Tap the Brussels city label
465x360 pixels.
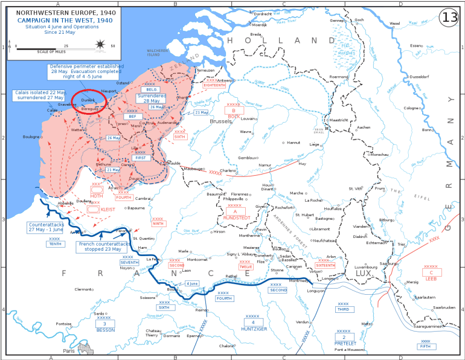[219, 121]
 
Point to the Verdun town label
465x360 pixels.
[304, 322]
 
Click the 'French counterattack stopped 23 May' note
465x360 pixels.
[103, 246]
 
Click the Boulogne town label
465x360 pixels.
[31, 137]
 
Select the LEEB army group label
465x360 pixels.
[431, 278]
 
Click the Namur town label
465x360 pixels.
[265, 165]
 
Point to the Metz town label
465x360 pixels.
[366, 324]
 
